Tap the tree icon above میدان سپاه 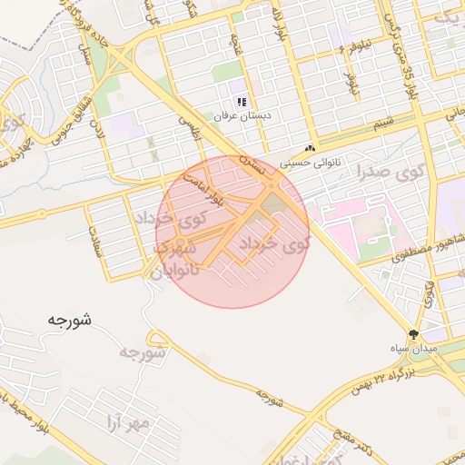coord(414,334)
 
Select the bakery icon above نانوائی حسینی coord(311,149)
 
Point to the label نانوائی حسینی coord(305,164)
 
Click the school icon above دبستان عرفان coord(242,102)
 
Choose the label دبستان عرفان coord(237,117)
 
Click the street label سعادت coord(95,238)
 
